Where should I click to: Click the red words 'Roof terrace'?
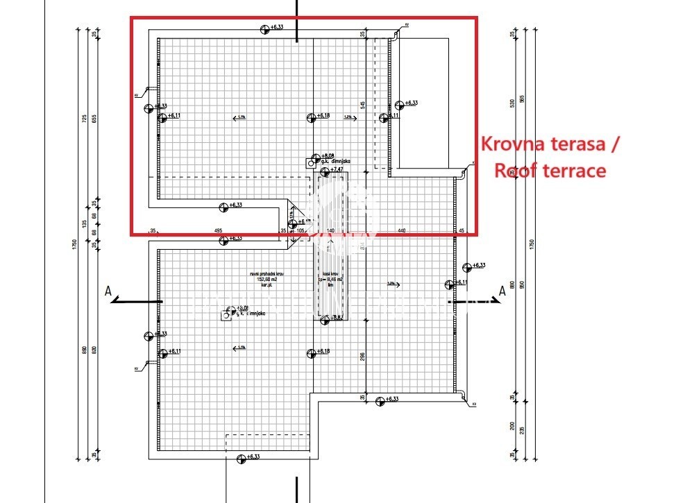[550, 171]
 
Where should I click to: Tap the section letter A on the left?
[108, 291]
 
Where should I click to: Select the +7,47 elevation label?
[337, 170]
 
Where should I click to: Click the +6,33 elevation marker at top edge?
[276, 28]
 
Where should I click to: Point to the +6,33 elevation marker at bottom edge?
[251, 457]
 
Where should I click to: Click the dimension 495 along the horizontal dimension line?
[218, 230]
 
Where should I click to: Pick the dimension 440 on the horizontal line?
[401, 230]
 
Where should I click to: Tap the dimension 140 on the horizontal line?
[330, 230]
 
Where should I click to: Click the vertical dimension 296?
[362, 357]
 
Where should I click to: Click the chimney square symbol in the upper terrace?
[310, 164]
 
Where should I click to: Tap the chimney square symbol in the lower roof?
[226, 316]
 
